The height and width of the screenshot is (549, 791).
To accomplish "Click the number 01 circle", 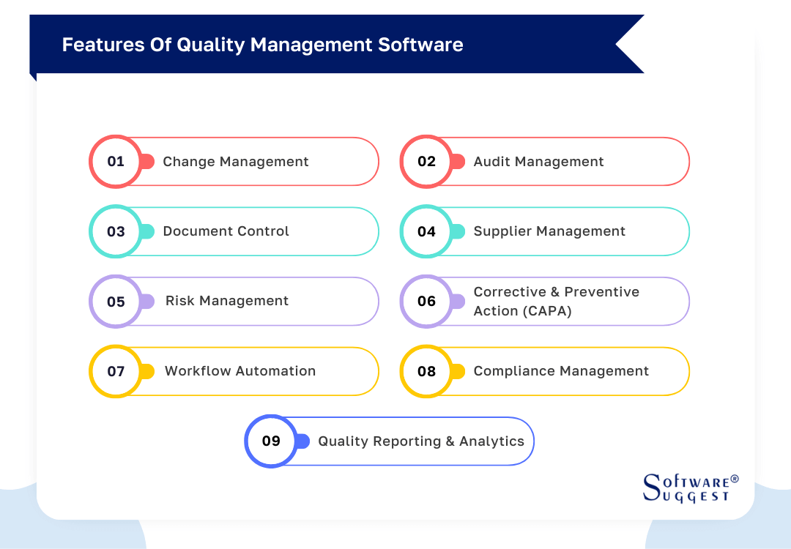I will (116, 162).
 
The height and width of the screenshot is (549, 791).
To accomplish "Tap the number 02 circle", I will (426, 162).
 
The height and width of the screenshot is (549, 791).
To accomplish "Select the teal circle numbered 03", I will (116, 232).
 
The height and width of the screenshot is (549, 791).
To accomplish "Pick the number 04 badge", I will (426, 232).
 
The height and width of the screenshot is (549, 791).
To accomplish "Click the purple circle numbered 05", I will (116, 302).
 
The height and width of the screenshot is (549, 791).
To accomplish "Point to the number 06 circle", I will (426, 302).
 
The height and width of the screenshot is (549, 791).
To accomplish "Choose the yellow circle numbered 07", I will (116, 372).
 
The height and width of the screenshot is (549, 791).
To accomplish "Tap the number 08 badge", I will (426, 372).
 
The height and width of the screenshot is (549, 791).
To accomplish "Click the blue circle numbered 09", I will (271, 441).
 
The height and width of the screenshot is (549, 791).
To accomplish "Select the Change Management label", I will (235, 162).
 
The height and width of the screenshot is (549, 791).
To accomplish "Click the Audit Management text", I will (538, 162).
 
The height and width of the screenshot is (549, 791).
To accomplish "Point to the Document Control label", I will (226, 231).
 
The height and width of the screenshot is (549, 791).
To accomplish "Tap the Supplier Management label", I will (549, 231).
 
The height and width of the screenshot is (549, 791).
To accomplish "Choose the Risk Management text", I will (227, 301).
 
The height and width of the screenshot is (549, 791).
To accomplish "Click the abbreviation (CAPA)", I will (547, 311).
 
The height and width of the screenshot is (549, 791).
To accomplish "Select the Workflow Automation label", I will (240, 371).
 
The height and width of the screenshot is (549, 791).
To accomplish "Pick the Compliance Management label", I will (561, 371).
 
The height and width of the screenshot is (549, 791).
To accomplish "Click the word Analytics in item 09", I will (491, 441).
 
